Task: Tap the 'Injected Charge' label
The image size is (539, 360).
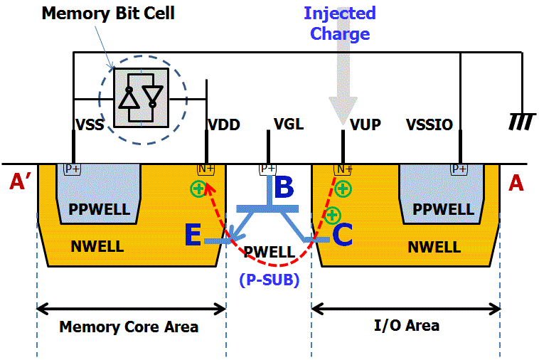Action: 340,23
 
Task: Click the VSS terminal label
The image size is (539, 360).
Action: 90,125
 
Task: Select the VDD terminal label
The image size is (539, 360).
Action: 223,125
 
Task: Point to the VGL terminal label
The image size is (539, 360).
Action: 289,125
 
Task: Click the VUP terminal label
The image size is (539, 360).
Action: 365,125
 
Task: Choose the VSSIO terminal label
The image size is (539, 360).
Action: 429,125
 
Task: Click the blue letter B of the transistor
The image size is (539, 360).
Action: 284,188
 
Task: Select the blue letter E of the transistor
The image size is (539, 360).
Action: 193,235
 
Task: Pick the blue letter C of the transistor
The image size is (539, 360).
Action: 342,235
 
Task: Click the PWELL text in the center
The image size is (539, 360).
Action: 269,252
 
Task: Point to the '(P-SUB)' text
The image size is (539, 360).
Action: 269,280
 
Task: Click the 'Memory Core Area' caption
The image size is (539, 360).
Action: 128,327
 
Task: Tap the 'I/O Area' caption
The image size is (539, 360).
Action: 406,326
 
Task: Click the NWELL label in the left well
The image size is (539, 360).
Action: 97,248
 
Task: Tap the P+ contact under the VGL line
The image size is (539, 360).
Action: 268,169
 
